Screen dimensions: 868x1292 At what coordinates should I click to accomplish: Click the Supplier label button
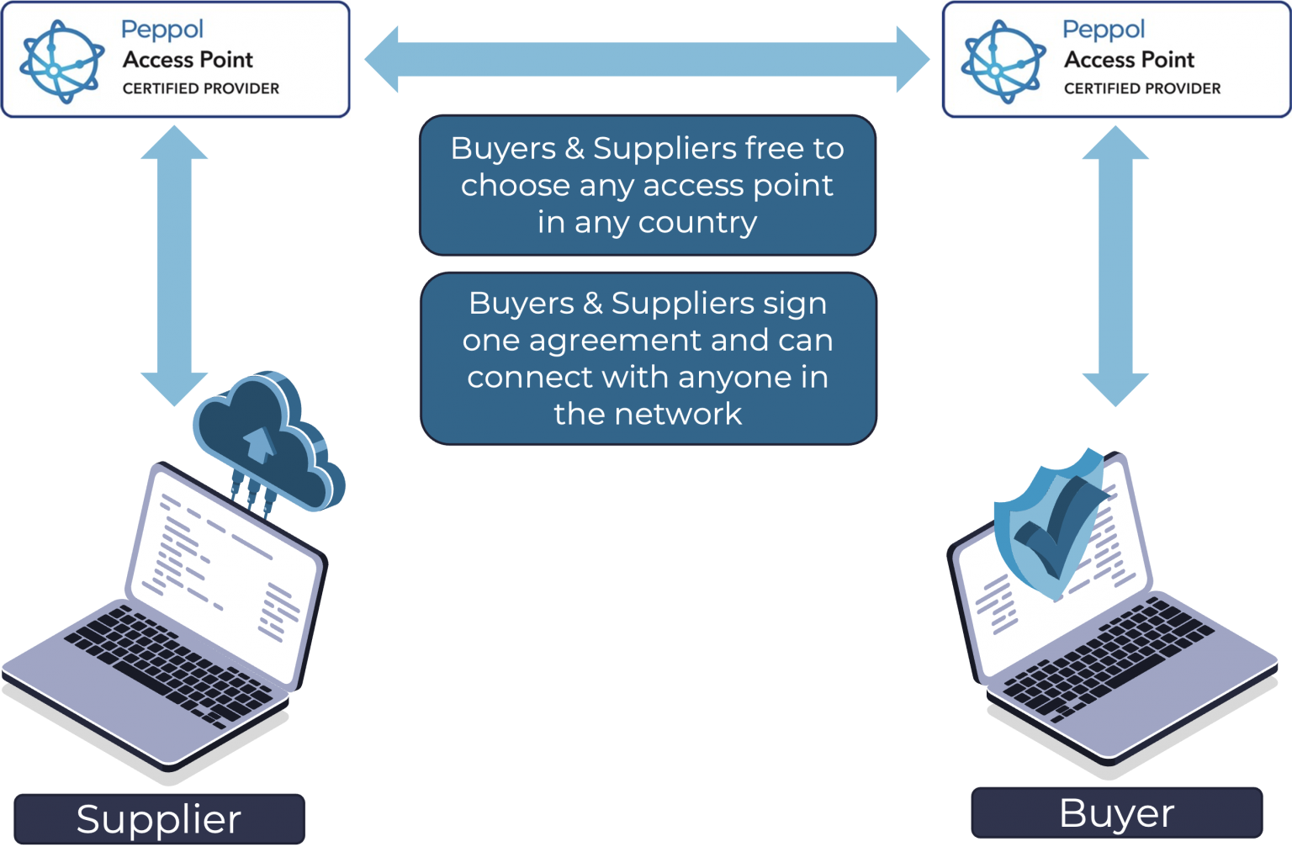coord(159,818)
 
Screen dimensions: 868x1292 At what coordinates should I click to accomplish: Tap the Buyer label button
coord(1116,812)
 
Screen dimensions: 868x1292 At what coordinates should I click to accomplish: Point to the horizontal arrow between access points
coord(647,60)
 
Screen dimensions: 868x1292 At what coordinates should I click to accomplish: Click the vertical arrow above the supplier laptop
coord(174,265)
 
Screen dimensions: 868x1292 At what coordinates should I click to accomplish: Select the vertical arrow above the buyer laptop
coord(1115,265)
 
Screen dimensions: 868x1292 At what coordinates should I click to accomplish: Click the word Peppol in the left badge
coord(162,29)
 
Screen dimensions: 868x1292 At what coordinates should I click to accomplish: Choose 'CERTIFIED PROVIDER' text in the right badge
coord(1141,88)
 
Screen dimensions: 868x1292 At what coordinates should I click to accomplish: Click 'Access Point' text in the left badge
coord(188,60)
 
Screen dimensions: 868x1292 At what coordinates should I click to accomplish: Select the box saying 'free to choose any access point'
coord(647,185)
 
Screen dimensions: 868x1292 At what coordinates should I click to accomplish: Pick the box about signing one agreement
coord(648,358)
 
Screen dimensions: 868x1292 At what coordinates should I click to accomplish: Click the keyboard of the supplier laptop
coord(168,664)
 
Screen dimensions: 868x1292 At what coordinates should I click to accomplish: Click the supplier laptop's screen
coord(223,572)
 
